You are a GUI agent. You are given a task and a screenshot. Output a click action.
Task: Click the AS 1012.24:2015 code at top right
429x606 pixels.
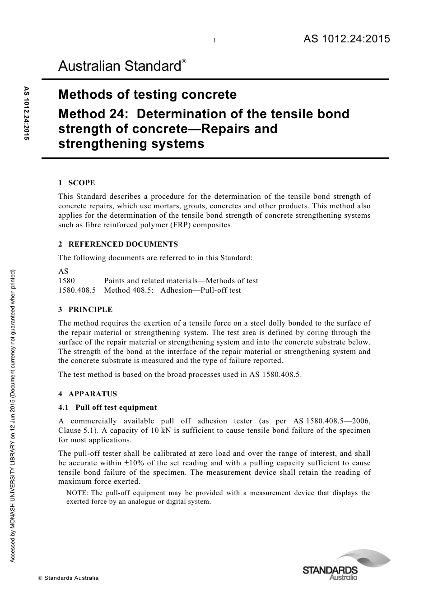click(x=346, y=39)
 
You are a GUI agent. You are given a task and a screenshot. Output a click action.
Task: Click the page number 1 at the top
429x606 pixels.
click(x=214, y=41)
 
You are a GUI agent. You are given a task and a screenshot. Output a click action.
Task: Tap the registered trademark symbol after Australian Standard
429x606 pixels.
click(x=184, y=61)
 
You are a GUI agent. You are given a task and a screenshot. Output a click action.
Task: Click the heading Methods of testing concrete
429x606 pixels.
click(x=147, y=95)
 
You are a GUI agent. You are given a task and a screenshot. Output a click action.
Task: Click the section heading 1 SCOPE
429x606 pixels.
click(x=77, y=183)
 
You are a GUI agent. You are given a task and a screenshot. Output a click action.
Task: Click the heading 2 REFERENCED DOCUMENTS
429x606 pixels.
click(x=118, y=244)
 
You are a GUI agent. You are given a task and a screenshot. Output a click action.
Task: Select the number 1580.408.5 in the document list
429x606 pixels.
click(x=77, y=290)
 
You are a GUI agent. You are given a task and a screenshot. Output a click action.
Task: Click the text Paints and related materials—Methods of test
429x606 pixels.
click(x=181, y=280)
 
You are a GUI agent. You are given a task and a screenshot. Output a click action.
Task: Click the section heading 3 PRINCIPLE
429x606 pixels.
click(x=85, y=309)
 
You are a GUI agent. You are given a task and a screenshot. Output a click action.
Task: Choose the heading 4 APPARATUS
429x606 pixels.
click(x=88, y=394)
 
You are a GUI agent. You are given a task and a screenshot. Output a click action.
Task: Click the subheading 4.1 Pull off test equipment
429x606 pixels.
click(x=107, y=407)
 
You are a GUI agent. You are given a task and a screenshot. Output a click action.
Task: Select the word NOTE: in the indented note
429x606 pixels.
click(x=77, y=492)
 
